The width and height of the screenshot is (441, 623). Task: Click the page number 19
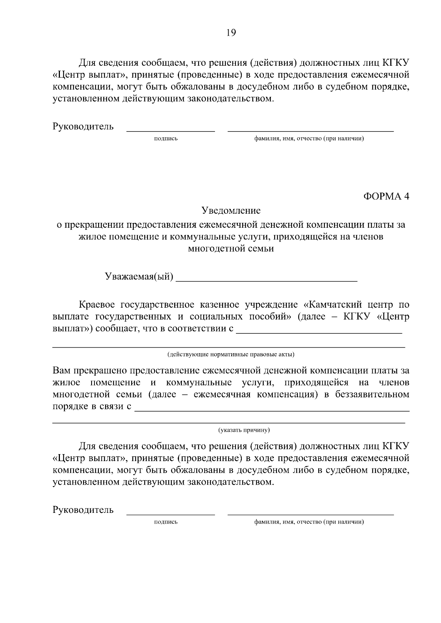[231, 33]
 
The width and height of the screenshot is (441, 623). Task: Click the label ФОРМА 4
[386, 196]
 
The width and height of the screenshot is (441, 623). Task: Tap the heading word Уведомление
[231, 211]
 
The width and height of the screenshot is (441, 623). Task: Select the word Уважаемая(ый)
[139, 276]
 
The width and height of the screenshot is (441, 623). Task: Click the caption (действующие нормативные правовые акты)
[231, 355]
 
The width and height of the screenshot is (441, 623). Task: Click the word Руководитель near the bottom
[83, 510]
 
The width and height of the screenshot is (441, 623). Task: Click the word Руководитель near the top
[83, 127]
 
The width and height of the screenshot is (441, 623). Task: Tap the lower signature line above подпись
[171, 514]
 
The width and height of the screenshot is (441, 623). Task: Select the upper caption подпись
[166, 139]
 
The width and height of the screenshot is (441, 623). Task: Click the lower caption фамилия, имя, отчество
[309, 522]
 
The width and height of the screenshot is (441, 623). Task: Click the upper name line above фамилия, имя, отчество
[311, 131]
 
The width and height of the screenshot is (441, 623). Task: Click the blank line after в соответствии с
[319, 333]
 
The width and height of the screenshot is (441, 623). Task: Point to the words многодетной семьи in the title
[231, 249]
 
